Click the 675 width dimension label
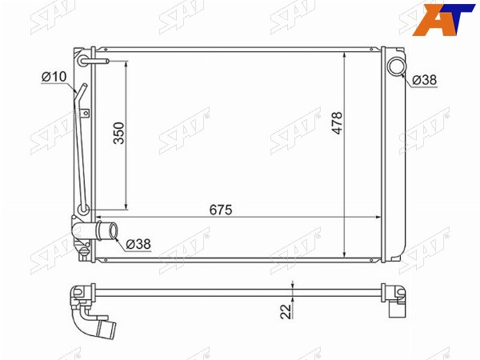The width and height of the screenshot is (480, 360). (221, 210)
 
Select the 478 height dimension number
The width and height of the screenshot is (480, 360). (337, 122)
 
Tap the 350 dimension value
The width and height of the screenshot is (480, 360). (119, 133)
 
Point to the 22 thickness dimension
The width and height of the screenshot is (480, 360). (286, 311)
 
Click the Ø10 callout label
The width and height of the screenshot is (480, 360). (54, 77)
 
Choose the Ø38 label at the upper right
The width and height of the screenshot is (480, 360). (424, 80)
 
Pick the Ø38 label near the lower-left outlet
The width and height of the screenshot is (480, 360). (138, 244)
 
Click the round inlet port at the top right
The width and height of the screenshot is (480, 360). (397, 66)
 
